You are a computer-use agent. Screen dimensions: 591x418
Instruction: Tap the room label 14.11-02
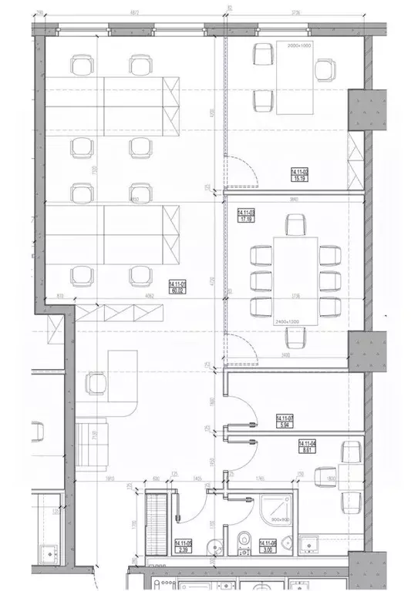pyautogui.click(x=299, y=175)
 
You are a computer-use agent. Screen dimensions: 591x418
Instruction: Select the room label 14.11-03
pyautogui.click(x=247, y=215)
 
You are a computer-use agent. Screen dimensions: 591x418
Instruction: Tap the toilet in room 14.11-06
pyautogui.click(x=244, y=541)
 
